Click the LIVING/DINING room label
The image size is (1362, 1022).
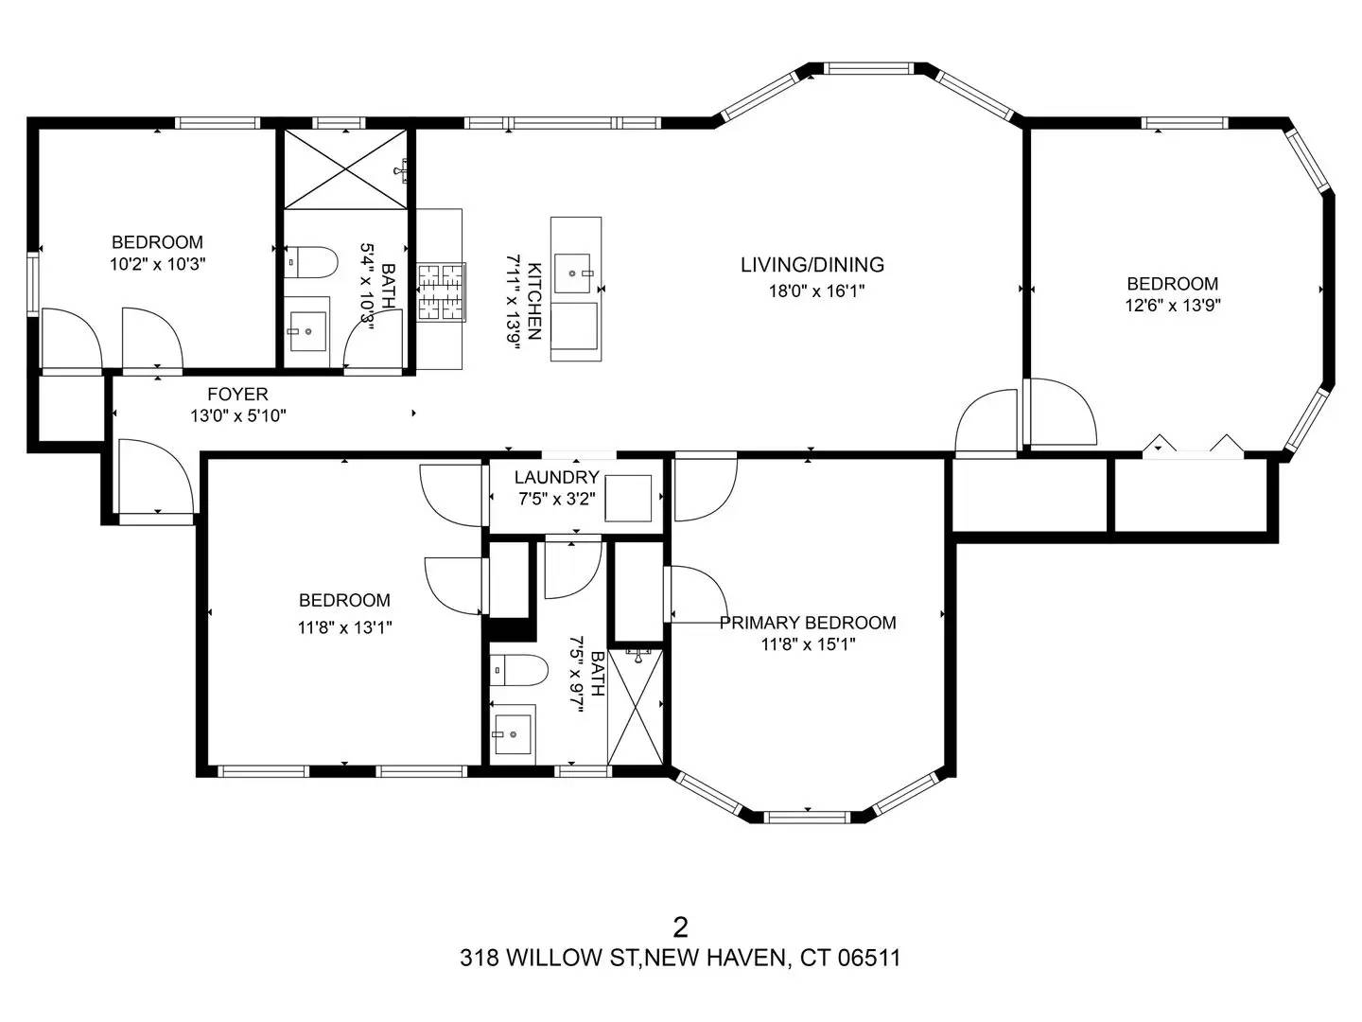pos(812,265)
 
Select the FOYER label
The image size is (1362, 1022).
pos(237,394)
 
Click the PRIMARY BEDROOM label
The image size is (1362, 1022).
pos(808,623)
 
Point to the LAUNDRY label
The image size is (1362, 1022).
pos(556,477)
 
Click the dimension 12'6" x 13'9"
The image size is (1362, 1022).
pos(1172,306)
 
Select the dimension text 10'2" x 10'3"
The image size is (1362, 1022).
pos(158,264)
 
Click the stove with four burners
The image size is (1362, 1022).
pos(442,291)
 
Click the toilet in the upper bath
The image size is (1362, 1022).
pos(312,262)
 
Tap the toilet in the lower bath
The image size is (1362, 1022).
pos(519,671)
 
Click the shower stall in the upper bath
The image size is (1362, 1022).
pos(345,169)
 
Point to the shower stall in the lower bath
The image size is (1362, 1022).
pos(636,706)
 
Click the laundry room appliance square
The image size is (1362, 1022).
pos(628,498)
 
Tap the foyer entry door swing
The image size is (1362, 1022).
pos(152,478)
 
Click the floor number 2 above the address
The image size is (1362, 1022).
pos(679,925)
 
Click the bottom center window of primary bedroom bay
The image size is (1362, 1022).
pos(808,816)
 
